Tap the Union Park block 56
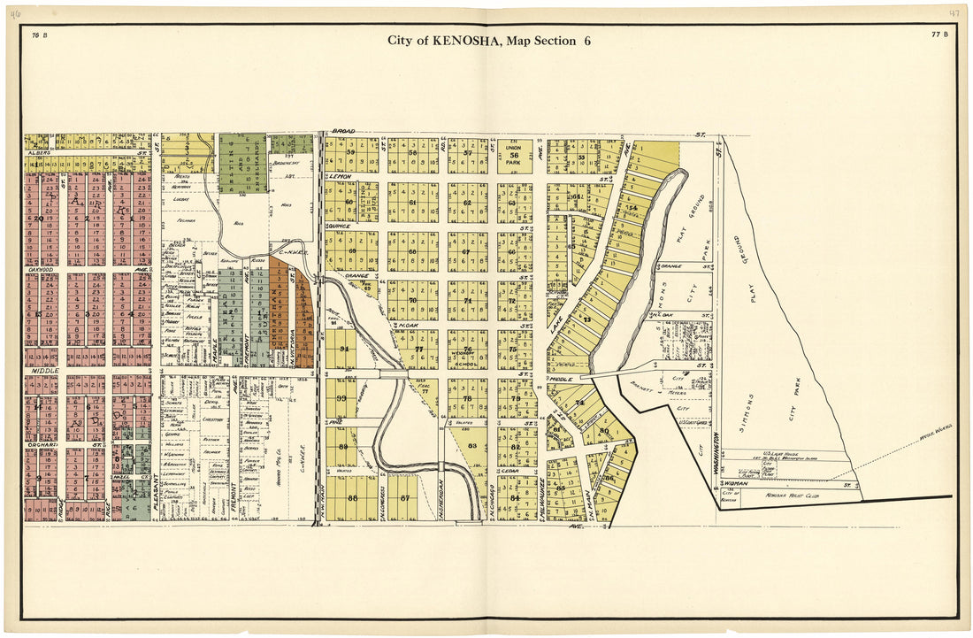coord(514,155)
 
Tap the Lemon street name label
coord(341,177)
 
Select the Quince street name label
coord(340,226)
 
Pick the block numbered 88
coord(353,498)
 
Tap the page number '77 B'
coord(939,35)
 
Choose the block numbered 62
coord(467,203)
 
